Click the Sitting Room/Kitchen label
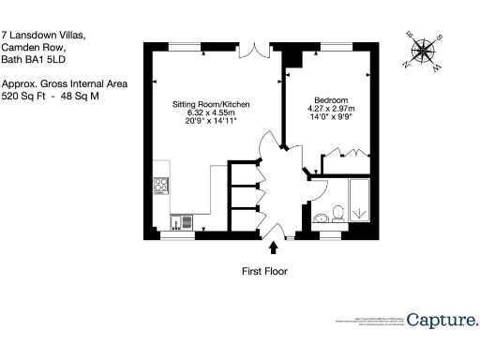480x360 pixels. [211, 105]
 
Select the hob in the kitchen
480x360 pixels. [160, 185]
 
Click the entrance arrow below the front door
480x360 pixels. [274, 247]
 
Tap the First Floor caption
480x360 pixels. [264, 271]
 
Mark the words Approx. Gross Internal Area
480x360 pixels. [64, 83]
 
